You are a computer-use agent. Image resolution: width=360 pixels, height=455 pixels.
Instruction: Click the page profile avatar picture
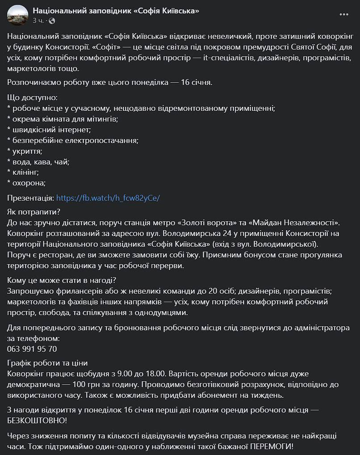[17, 15]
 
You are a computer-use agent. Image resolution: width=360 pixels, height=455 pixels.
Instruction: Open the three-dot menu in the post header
[343, 15]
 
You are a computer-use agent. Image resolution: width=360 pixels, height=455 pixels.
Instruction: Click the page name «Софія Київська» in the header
[116, 11]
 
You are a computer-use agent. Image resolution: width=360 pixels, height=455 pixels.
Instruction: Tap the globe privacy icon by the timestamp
[52, 21]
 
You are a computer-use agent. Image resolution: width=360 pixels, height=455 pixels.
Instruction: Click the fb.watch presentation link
[108, 197]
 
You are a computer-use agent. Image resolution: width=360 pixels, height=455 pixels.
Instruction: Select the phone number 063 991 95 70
[32, 349]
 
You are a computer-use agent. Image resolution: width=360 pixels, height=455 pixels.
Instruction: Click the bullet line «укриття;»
[25, 151]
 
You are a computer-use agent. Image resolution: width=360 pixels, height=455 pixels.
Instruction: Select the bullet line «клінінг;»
[25, 172]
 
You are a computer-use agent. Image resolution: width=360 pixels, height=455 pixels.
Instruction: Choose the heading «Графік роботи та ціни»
[48, 362]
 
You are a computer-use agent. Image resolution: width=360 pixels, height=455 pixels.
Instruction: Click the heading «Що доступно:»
[33, 97]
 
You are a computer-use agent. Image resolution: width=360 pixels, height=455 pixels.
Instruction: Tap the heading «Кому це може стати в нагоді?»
[62, 280]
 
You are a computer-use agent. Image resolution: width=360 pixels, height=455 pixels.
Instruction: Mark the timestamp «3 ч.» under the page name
[38, 21]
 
